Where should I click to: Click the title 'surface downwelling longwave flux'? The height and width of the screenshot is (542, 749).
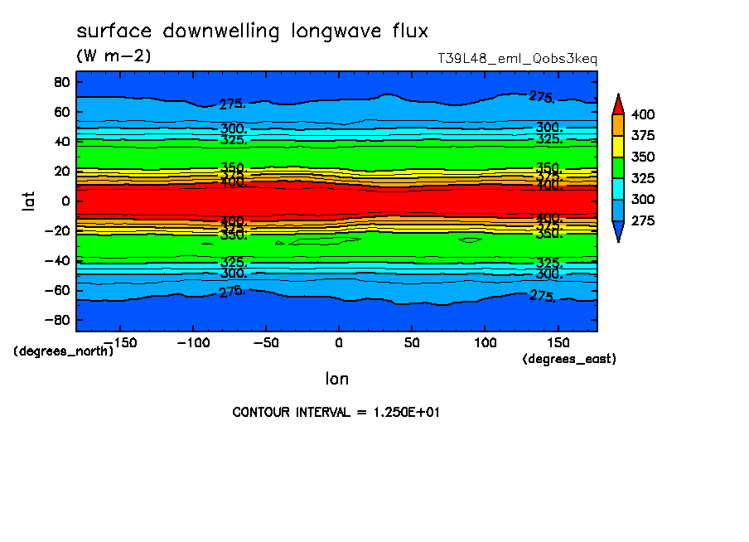[253, 32]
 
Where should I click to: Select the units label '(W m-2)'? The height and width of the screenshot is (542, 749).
[114, 56]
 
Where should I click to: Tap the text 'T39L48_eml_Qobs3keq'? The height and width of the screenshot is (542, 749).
[517, 59]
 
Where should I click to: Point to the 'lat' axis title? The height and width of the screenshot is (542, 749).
[30, 199]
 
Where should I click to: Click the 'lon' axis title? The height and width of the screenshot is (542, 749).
[336, 380]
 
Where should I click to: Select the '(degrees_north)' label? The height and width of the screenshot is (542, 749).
[64, 351]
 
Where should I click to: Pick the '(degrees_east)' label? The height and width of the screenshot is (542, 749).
[569, 359]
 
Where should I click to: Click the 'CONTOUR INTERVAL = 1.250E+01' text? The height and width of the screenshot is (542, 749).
[336, 412]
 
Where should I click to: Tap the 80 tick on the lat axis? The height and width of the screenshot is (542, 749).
[60, 82]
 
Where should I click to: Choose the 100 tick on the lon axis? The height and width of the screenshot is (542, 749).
[485, 342]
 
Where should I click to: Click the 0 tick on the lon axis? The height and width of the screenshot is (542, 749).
[338, 342]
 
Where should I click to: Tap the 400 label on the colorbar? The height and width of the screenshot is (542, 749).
[642, 114]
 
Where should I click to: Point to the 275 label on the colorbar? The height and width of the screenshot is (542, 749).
[642, 221]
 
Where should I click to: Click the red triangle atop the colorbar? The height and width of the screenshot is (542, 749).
[617, 104]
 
